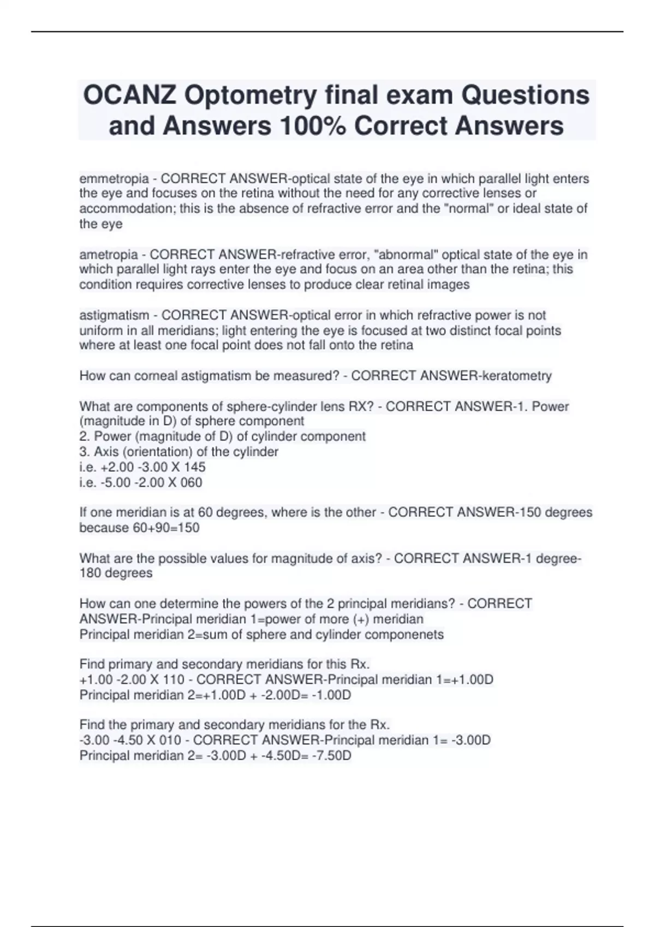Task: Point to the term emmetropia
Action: tap(114, 178)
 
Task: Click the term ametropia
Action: tap(109, 254)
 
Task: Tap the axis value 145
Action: tap(195, 467)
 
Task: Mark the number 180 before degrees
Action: tap(90, 573)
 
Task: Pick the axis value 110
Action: tap(174, 680)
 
